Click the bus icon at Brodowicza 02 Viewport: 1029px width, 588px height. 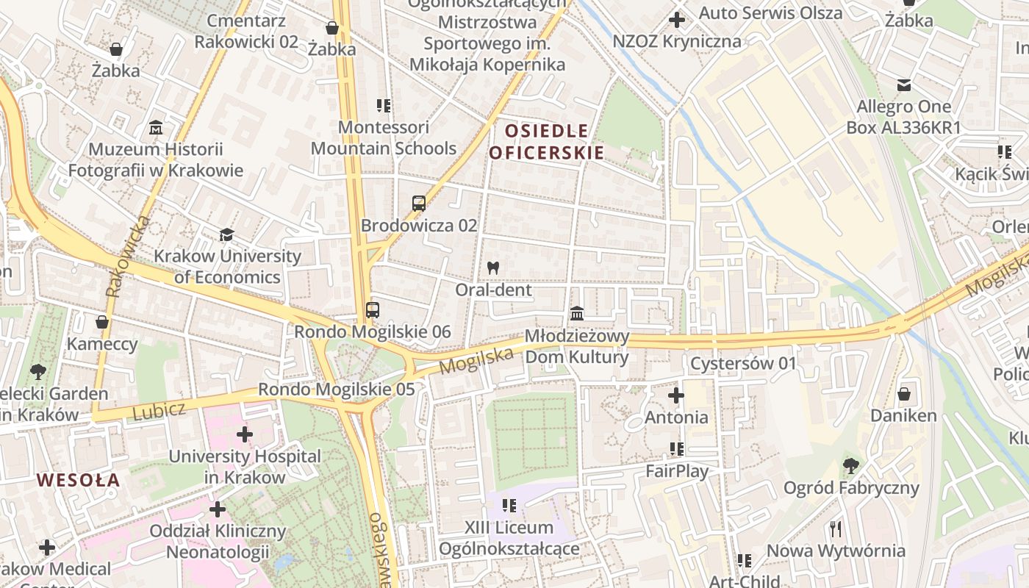click(x=419, y=204)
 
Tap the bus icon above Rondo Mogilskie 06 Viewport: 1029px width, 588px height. click(x=373, y=310)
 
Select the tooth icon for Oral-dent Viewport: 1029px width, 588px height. click(x=493, y=268)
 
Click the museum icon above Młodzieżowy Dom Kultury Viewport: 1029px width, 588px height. click(x=577, y=315)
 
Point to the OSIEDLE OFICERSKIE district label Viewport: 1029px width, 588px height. click(x=547, y=142)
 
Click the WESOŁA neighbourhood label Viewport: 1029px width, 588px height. click(x=78, y=480)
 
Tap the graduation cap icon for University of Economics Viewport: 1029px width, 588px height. click(x=227, y=235)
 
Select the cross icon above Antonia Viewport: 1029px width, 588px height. click(x=676, y=395)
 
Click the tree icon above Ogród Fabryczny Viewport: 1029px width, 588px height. click(x=851, y=465)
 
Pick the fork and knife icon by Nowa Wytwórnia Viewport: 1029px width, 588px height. click(x=836, y=528)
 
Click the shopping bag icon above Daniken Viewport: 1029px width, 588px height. click(x=904, y=394)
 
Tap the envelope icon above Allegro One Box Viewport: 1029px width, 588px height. click(x=904, y=85)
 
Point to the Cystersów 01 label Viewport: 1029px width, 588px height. click(x=743, y=363)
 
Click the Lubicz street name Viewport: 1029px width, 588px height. click(x=159, y=410)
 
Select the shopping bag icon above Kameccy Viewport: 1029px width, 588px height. click(x=102, y=322)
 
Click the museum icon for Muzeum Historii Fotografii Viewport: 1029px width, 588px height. click(x=156, y=128)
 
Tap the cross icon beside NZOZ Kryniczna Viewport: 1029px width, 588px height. click(x=676, y=20)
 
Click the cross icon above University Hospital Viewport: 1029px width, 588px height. click(x=245, y=434)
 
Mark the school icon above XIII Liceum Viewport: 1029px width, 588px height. click(x=509, y=505)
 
